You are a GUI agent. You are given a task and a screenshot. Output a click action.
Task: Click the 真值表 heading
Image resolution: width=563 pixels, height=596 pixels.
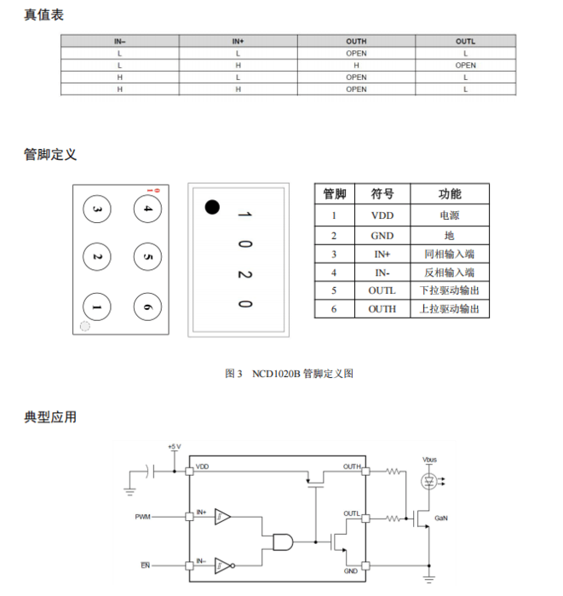(x=43, y=15)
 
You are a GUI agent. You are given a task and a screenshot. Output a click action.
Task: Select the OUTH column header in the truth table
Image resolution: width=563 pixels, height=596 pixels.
(x=356, y=42)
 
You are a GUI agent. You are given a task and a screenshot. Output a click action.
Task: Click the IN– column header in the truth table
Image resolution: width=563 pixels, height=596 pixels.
(x=120, y=42)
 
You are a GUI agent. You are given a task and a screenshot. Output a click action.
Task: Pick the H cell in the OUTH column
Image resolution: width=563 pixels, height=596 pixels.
(x=356, y=66)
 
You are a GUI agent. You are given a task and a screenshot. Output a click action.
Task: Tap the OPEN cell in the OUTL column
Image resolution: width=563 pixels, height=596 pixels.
(x=465, y=66)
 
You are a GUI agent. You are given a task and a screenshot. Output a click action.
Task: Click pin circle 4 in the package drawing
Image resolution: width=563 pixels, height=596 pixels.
(x=147, y=209)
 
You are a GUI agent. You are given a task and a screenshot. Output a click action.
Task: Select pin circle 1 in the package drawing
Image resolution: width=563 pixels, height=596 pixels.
(x=97, y=307)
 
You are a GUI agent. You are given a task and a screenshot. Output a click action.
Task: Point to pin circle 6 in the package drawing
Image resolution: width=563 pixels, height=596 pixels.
(x=147, y=307)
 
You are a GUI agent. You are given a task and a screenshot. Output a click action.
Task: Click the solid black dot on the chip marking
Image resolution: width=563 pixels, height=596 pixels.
(x=212, y=207)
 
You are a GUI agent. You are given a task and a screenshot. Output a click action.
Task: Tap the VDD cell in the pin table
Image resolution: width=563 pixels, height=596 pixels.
(x=382, y=215)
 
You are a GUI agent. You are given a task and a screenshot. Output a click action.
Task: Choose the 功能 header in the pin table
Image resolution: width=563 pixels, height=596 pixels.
(x=450, y=194)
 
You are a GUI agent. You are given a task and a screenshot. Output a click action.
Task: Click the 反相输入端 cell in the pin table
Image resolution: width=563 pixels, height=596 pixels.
(x=450, y=272)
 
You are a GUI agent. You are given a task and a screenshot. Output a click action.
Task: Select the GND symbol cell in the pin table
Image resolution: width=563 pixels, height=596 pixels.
(x=382, y=236)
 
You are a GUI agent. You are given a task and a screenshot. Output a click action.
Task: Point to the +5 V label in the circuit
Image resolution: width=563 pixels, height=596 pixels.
(x=175, y=446)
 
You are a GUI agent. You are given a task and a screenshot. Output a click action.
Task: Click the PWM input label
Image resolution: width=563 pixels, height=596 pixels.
(x=143, y=517)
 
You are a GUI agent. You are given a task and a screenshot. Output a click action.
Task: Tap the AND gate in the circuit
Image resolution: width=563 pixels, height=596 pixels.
(x=283, y=542)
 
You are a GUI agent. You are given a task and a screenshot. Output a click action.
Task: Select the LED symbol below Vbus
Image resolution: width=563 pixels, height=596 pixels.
(x=429, y=482)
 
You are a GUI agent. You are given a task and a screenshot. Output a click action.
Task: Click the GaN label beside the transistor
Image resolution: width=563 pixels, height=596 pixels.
(x=441, y=518)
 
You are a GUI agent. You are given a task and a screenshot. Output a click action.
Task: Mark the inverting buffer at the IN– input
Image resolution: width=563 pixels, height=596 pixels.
(x=225, y=565)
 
